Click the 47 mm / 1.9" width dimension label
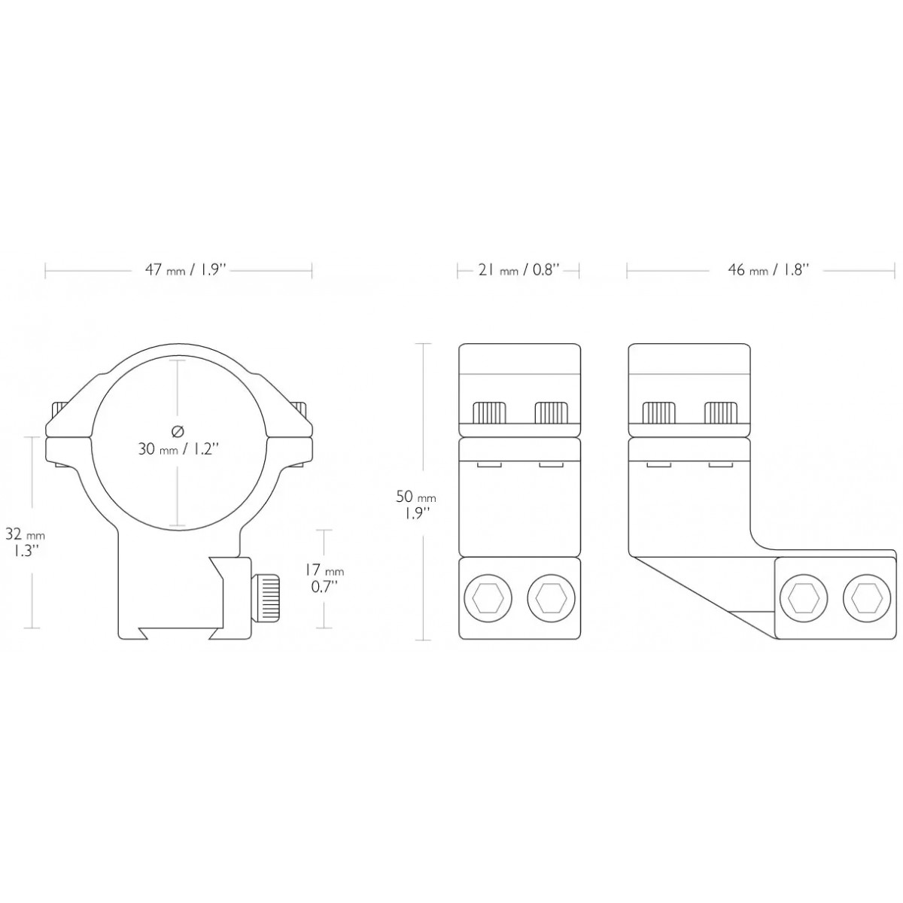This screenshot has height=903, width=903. pos(186,270)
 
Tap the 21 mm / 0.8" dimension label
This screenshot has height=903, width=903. pos(518,270)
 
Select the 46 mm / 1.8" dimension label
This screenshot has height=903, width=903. pos(768,270)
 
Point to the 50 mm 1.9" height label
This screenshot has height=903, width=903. pos(415,503)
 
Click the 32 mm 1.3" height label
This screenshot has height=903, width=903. pos(25,542)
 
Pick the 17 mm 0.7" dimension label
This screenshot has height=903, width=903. pos(324,578)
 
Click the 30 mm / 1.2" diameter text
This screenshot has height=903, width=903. pos(178,449)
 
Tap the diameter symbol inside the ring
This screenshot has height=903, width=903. pos(178,430)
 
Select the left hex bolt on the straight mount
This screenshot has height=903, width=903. pos(488,598)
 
